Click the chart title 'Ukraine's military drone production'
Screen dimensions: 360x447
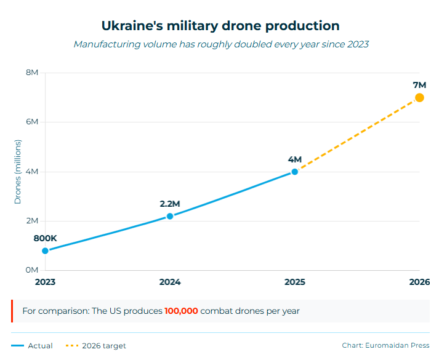coord(220,26)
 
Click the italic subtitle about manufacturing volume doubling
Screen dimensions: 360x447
coord(221,44)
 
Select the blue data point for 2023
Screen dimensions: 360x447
coord(45,250)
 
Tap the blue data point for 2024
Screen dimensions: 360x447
coord(170,216)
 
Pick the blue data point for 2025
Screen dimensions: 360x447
coord(295,172)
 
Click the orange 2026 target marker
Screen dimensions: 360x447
coord(419,98)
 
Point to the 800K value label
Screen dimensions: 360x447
coord(45,238)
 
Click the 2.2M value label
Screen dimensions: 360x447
coord(170,204)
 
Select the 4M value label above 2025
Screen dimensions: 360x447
coord(295,159)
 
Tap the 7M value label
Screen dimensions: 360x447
coord(419,84)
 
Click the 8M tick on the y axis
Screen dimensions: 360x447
coord(32,73)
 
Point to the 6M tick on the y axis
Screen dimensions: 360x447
coord(32,122)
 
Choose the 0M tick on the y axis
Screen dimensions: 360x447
coord(32,270)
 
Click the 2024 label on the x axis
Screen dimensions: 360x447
coord(170,282)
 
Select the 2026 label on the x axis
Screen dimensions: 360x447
coord(419,282)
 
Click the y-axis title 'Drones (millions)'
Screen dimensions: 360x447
coord(18,172)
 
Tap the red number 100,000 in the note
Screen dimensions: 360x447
coord(181,311)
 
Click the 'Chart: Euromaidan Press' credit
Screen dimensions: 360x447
coord(385,346)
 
